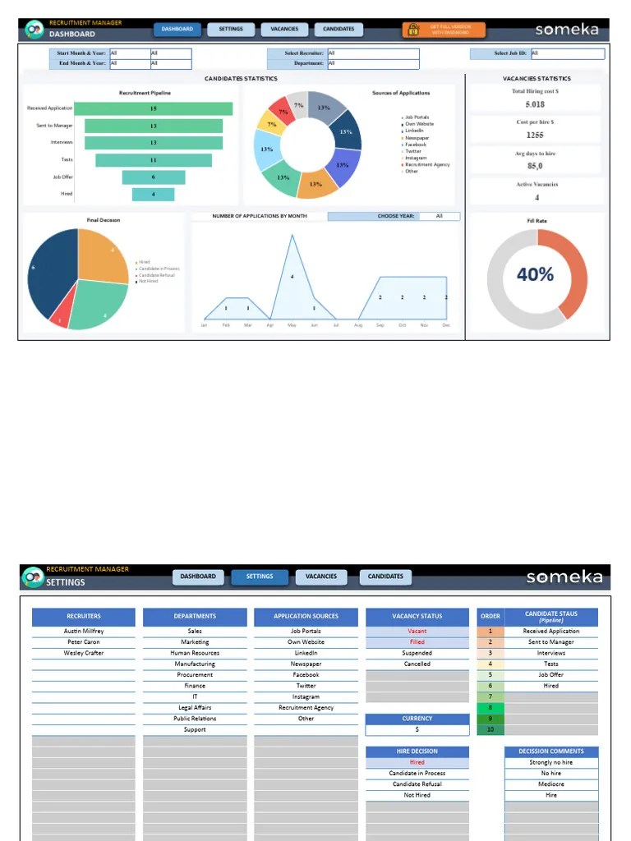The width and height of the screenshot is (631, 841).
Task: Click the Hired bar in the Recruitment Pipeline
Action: [x=153, y=195]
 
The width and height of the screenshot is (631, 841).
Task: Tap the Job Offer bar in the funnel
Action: [x=153, y=177]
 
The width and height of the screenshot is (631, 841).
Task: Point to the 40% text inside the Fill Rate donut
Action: [x=535, y=275]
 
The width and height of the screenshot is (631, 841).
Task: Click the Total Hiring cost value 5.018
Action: [x=535, y=105]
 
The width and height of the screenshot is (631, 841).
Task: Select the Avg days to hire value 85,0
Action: [x=535, y=166]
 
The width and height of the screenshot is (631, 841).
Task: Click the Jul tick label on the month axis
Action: [x=336, y=325]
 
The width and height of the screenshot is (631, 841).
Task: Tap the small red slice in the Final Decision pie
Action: [x=59, y=319]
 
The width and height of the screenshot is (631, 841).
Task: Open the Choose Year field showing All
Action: [x=439, y=217]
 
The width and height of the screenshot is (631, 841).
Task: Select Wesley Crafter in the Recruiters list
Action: [x=84, y=654]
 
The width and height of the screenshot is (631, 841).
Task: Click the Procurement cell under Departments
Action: [x=195, y=675]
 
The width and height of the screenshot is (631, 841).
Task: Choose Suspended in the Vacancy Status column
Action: [x=417, y=654]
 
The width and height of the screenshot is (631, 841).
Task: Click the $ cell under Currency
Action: [x=417, y=729]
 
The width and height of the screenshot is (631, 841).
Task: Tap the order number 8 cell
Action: [x=491, y=708]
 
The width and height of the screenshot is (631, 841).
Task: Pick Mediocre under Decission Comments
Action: [x=550, y=784]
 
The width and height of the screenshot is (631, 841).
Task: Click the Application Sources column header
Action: [x=306, y=616]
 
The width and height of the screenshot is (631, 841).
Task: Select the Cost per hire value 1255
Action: [x=535, y=136]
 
